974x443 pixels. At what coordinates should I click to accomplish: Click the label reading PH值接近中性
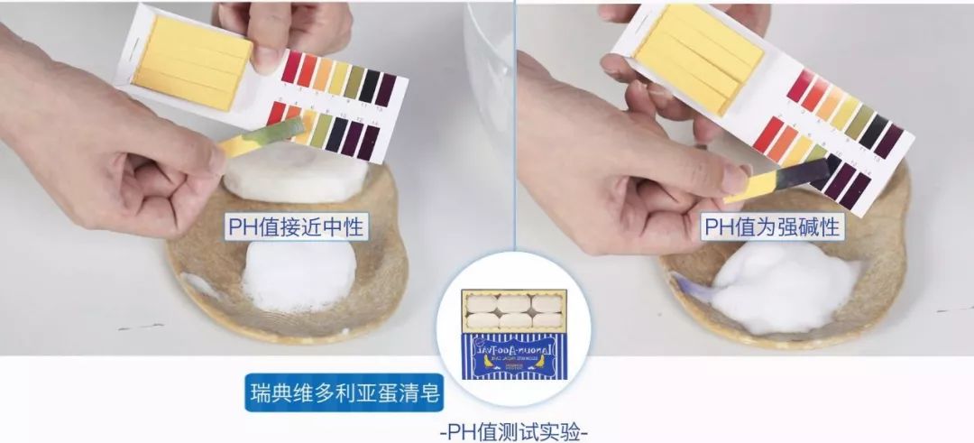pos(296,226)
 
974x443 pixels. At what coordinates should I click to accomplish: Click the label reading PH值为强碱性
pos(772,226)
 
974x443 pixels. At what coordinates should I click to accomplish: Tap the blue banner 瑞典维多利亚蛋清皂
pos(347,394)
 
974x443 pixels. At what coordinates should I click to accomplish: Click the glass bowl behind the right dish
pos(492,54)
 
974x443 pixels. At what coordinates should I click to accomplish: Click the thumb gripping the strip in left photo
pos(200,161)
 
